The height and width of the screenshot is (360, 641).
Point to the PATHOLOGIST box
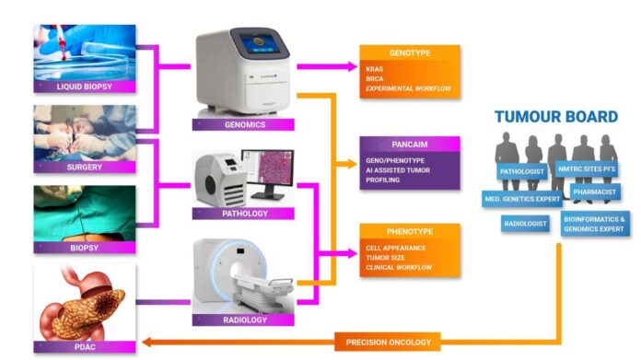[x=522, y=172]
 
